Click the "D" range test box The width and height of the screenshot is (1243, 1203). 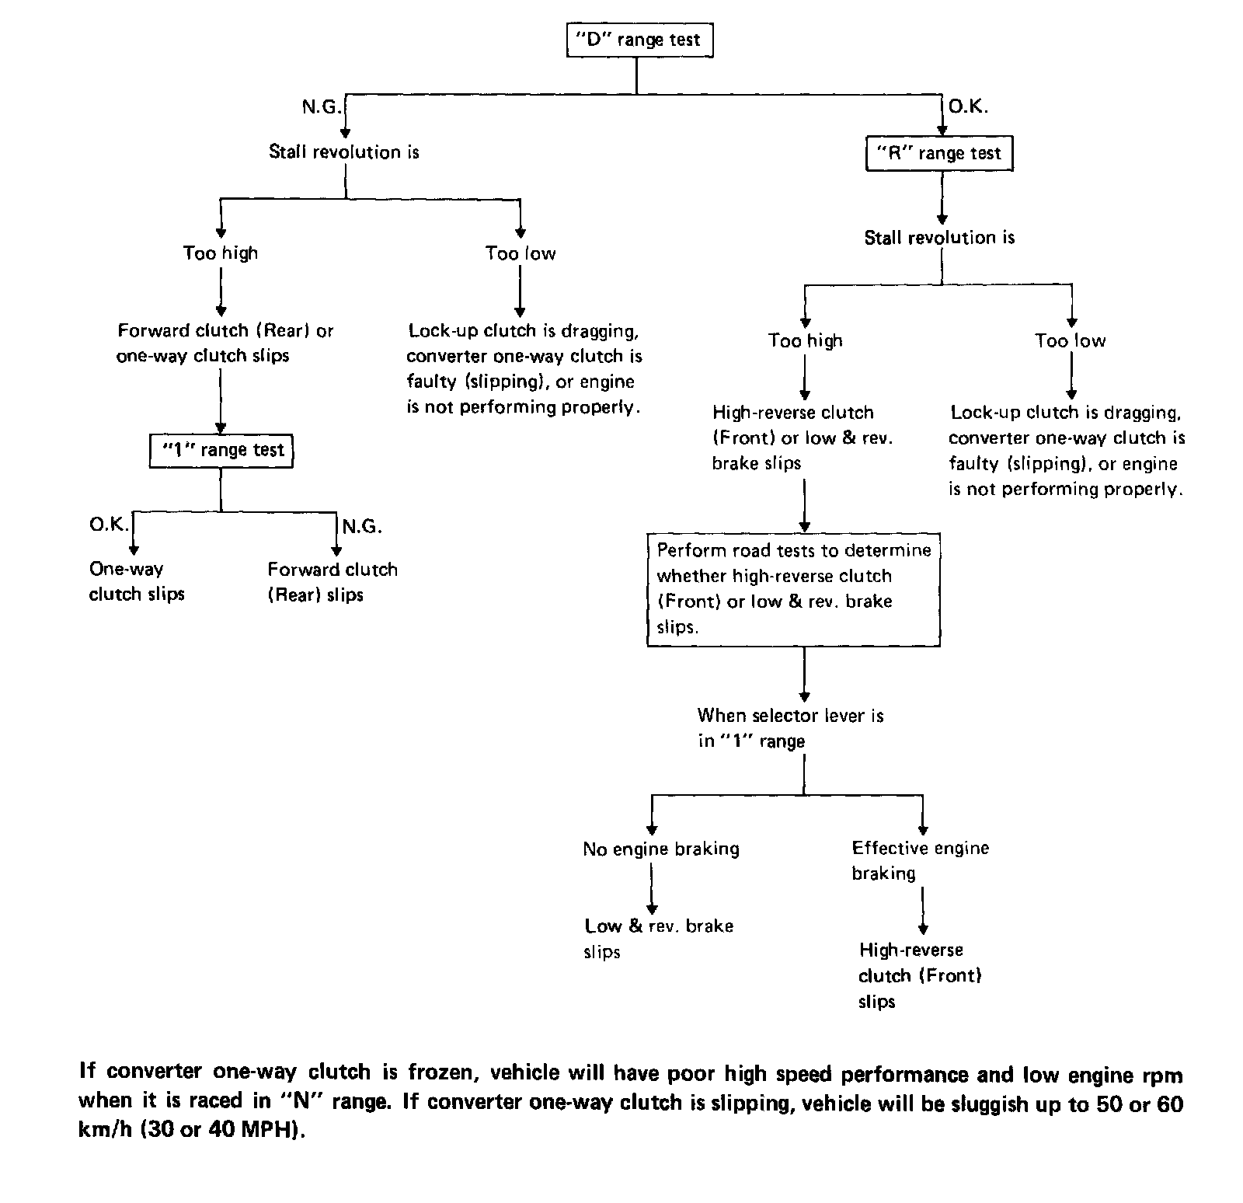pos(639,40)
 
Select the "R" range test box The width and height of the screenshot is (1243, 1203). pos(939,153)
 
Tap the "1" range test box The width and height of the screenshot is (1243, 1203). pos(221,450)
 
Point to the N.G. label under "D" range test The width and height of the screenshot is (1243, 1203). pos(321,107)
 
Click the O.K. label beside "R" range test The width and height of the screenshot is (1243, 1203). pos(968,107)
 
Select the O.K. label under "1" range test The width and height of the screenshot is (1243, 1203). pos(109,525)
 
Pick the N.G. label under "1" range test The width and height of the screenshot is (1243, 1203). pos(362,527)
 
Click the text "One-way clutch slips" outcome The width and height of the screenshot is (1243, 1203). pos(137,581)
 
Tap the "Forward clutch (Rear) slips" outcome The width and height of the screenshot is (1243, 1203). pos(332,582)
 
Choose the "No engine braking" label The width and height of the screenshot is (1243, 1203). pos(660,849)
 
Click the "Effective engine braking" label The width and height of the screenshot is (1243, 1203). pos(920,860)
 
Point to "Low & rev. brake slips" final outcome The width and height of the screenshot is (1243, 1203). pos(658,939)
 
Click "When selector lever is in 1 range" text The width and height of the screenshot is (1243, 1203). pos(790,727)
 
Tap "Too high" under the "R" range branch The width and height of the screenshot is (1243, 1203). pos(805,340)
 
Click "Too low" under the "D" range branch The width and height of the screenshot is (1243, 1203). pos(521,253)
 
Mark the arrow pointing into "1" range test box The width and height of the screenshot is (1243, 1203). pos(221,426)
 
